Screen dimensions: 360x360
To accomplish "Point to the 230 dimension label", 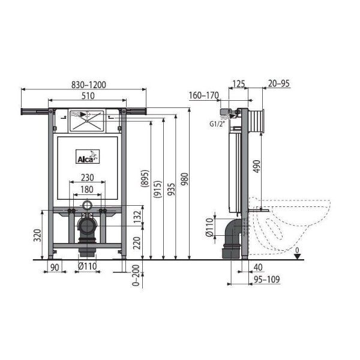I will click(x=88, y=178).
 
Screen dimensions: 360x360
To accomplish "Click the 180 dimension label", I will click(x=88, y=189).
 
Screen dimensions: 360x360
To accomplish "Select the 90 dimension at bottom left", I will click(x=55, y=268).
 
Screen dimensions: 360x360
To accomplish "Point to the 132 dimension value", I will click(x=138, y=216).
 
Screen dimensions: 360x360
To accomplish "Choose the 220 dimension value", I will click(x=138, y=242).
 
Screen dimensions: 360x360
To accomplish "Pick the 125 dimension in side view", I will click(x=239, y=84).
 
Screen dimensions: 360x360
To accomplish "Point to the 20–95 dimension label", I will click(x=279, y=84).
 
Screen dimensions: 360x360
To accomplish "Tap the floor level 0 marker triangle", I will click(x=297, y=255).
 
